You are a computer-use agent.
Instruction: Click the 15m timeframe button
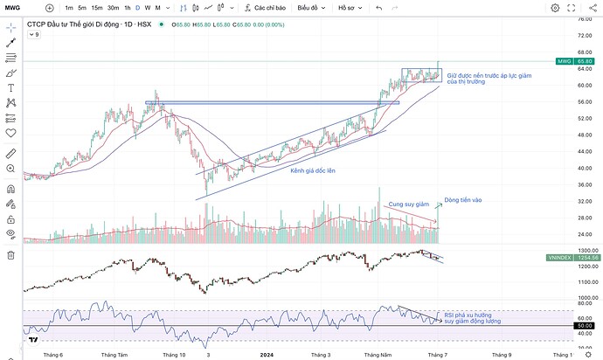tap(97, 8)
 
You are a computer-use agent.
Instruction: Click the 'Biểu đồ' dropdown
tap(309, 8)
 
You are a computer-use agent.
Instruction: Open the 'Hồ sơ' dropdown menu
tap(350, 8)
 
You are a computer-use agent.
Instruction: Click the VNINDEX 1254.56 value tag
tap(581, 259)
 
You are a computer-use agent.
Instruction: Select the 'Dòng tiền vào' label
tap(462, 200)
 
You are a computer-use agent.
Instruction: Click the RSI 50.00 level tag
tap(582, 326)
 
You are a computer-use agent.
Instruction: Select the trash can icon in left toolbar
tap(11, 254)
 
